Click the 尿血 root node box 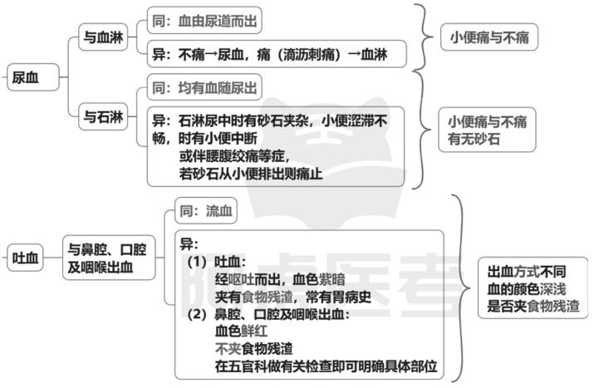click(33, 77)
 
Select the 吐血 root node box click(25, 258)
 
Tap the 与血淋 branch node click(103, 37)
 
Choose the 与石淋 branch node click(103, 116)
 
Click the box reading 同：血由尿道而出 click(204, 21)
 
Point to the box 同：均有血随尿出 click(204, 87)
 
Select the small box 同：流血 click(206, 210)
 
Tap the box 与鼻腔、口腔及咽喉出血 click(109, 258)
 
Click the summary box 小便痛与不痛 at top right click(489, 37)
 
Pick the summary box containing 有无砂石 click(487, 130)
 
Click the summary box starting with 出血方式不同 click(533, 288)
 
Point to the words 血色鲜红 click(241, 332)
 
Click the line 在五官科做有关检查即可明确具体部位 click(326, 366)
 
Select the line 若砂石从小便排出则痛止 click(251, 174)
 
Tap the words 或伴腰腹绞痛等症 click(234, 156)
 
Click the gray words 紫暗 click(331, 279)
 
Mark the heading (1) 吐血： click(217, 262)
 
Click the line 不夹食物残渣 click(254, 349)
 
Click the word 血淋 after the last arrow click(374, 54)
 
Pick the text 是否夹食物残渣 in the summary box click(533, 306)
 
